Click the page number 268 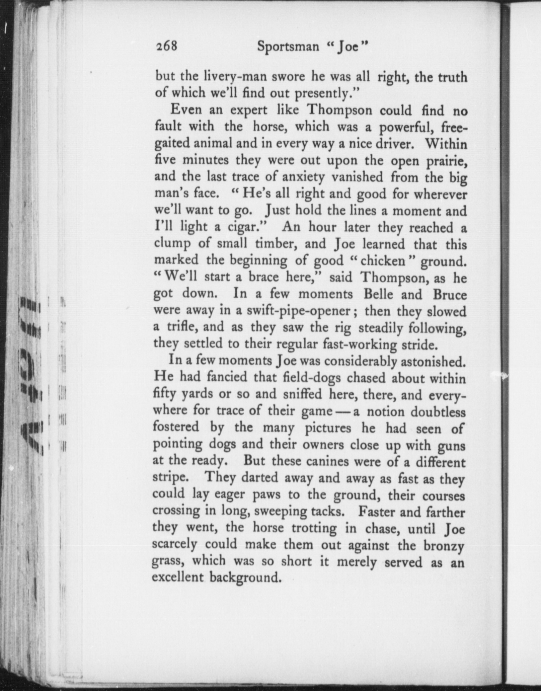pyautogui.click(x=166, y=46)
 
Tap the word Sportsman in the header pyautogui.click(x=288, y=47)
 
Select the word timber pyautogui.click(x=277, y=244)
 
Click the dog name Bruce pyautogui.click(x=449, y=295)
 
